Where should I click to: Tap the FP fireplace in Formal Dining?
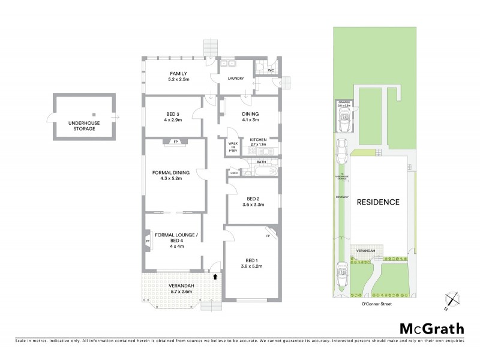click(x=176, y=142)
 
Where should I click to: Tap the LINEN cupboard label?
click(x=233, y=173)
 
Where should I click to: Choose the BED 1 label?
click(x=251, y=260)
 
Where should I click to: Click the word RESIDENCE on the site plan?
click(x=378, y=202)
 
